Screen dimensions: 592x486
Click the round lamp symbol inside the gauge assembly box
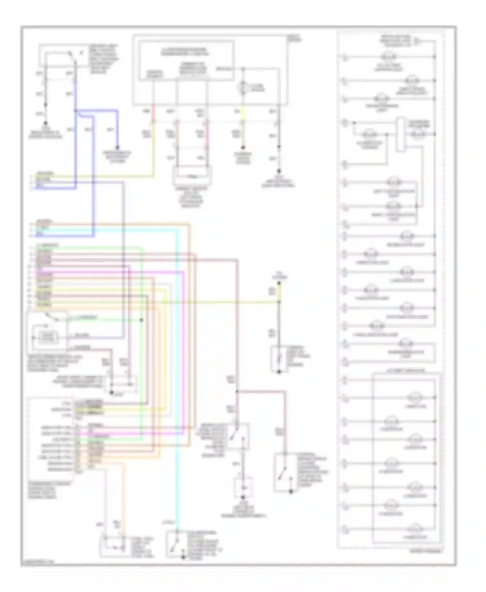click(x=243, y=88)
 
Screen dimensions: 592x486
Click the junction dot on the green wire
click(x=142, y=320)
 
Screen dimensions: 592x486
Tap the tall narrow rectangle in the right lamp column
click(x=401, y=135)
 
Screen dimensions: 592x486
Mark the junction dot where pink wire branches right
click(x=237, y=392)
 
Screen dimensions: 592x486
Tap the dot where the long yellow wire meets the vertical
click(x=279, y=302)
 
